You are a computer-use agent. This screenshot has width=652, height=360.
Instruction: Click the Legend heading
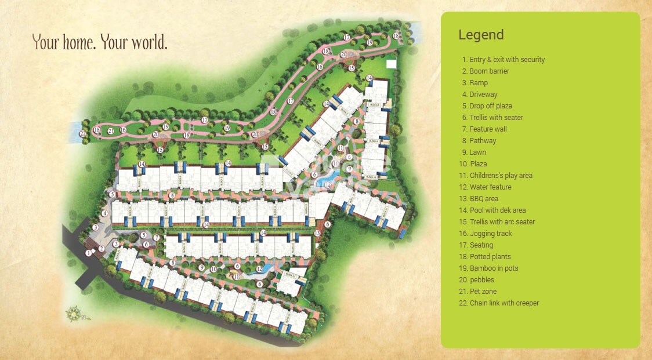point(481,35)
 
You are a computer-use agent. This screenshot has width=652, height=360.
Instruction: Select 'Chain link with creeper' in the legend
point(499,303)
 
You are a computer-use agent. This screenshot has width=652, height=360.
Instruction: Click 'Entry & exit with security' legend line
point(503,60)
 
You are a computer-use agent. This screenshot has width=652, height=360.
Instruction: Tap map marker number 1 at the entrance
point(88,253)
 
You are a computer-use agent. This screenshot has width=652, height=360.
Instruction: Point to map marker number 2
point(101,249)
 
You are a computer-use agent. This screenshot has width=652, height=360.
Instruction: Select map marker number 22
point(84,133)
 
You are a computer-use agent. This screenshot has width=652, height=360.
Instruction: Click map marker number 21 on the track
point(110,130)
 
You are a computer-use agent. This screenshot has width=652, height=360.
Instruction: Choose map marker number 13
point(317,232)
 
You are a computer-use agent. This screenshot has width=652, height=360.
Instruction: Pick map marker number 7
point(157,238)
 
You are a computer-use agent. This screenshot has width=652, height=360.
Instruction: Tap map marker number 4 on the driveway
point(104,213)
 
